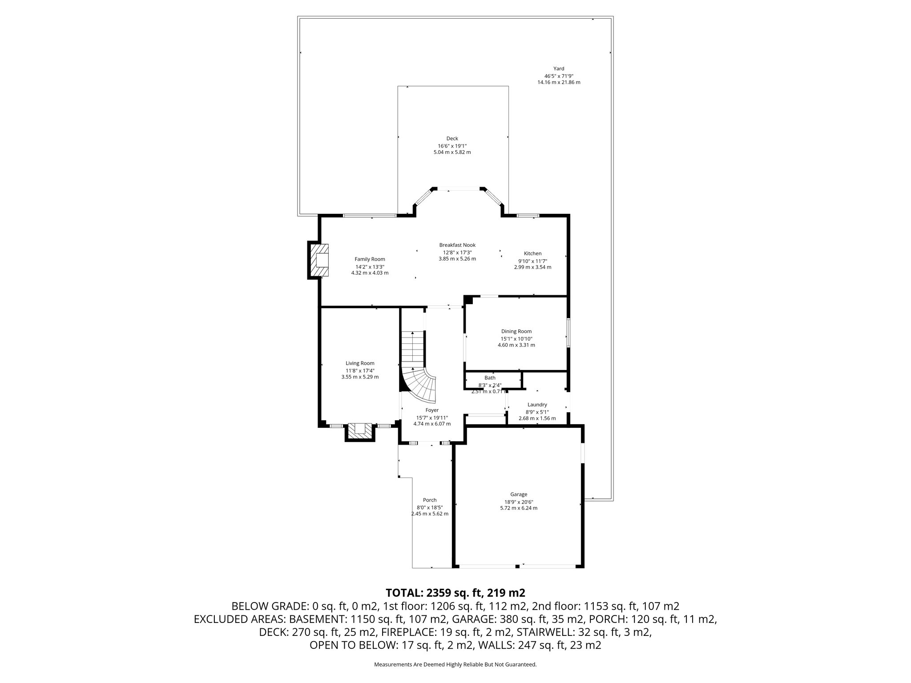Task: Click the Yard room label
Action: click(559, 68)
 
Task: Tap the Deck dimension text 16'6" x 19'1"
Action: click(452, 146)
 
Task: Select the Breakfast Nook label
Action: click(457, 245)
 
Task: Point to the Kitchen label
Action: click(532, 253)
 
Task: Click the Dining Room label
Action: click(516, 331)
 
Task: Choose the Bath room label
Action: click(490, 378)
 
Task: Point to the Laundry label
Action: click(537, 405)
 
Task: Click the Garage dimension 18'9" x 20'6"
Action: click(519, 502)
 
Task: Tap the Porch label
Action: click(430, 500)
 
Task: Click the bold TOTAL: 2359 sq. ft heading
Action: click(455, 592)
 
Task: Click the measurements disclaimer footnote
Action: click(455, 664)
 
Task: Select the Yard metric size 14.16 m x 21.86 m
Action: click(559, 82)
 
